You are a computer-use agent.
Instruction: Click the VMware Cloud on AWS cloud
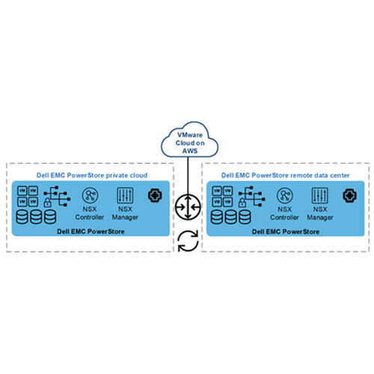189,140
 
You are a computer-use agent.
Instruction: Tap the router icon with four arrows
188,207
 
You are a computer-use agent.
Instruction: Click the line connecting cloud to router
188,176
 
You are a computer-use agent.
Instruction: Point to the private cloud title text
92,175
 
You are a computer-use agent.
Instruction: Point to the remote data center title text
286,175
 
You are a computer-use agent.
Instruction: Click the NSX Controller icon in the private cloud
90,195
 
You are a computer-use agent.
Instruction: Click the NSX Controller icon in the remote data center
285,195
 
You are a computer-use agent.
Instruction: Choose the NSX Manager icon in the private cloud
125,195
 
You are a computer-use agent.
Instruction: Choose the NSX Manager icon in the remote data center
320,195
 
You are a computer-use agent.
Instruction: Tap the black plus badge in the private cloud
155,196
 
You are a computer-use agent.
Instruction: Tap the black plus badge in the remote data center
350,196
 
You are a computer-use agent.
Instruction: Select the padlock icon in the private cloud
47,203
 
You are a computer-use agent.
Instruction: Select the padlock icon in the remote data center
242,203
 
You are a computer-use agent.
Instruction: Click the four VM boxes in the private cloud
28,196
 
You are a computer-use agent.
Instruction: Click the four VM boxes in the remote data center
223,196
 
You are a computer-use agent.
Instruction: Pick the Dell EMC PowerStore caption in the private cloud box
91,232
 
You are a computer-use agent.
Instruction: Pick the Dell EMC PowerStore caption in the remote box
286,232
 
